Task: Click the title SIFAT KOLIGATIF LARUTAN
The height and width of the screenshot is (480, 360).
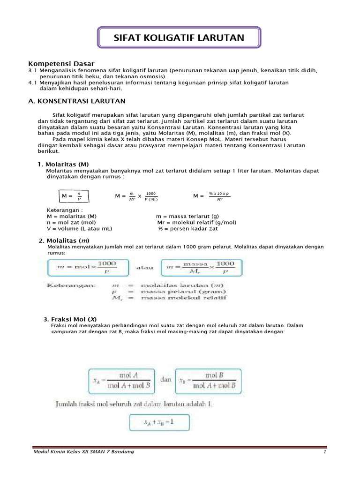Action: pos(179,38)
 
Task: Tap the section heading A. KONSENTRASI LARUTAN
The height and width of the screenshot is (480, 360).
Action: pos(77,101)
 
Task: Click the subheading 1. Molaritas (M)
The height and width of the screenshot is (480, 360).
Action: pos(63,164)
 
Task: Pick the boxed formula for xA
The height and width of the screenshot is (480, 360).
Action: pos(121,381)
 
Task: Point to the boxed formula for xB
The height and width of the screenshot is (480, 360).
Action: pos(208,381)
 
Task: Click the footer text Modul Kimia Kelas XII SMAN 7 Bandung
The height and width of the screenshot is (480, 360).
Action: pos(83,451)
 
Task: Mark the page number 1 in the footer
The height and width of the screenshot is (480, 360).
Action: pos(324,451)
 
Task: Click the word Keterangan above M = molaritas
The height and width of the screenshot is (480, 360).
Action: pos(65,210)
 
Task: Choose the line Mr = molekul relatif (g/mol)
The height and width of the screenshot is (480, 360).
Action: pos(197,222)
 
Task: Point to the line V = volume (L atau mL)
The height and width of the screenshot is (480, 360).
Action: pos(80,228)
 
